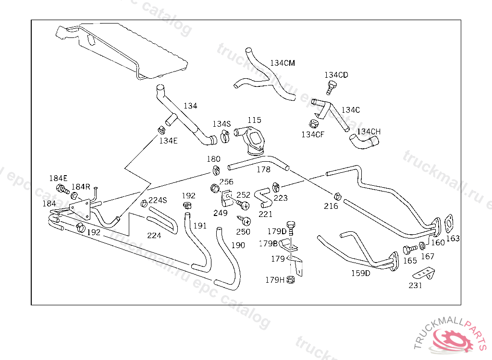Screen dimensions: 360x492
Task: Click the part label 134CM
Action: pos(283,63)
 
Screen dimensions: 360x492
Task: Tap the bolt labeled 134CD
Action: pos(331,87)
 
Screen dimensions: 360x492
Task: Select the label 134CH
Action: pos(369,131)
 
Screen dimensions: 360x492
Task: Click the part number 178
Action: pos(263,169)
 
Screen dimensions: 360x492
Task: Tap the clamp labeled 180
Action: pos(216,169)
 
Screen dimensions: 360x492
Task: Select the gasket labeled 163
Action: pos(450,223)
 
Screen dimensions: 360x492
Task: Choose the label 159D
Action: pos(360,273)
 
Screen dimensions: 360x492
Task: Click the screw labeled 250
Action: pos(245,221)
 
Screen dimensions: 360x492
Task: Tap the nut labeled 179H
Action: pos(290,279)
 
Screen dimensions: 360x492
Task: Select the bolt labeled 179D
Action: pos(290,226)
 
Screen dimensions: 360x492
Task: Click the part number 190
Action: pos(238,245)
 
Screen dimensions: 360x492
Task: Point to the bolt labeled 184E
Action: pos(62,189)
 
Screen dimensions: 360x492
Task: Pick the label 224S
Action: pos(157,200)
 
